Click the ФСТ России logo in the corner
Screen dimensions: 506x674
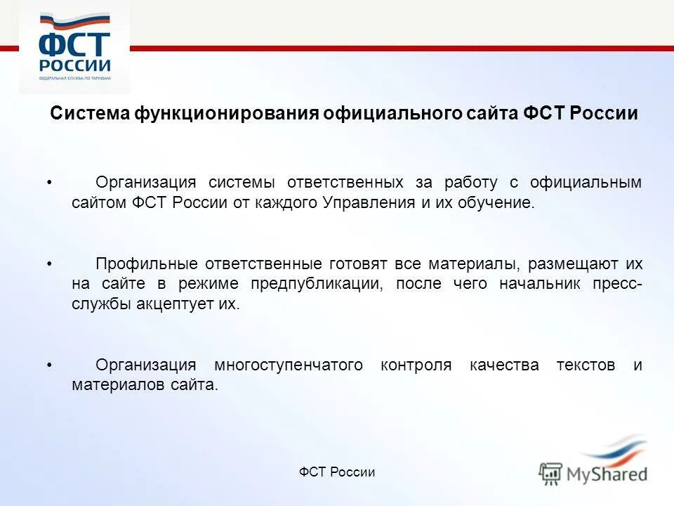74,51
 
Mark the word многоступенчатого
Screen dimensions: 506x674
289,365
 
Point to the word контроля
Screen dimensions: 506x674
416,365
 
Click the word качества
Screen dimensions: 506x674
505,365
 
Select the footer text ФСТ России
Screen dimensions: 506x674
337,472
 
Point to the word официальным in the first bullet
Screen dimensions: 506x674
586,183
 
